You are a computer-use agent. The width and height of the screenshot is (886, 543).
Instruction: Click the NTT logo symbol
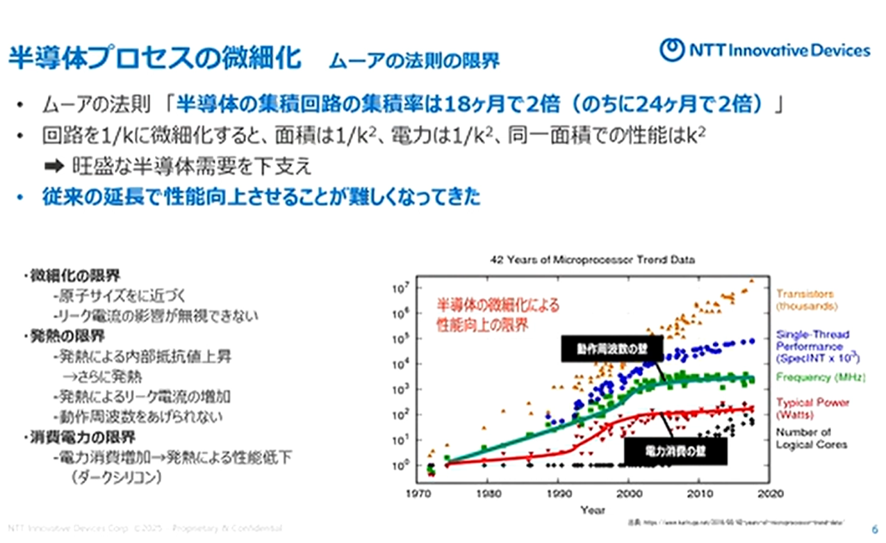[672, 51]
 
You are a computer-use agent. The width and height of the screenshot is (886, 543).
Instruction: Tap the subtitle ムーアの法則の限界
[414, 61]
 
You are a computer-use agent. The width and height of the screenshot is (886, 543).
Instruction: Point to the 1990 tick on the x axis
[558, 494]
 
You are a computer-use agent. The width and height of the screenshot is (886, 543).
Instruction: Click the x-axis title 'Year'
[592, 510]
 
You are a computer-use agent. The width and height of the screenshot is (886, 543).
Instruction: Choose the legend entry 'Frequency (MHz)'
[820, 378]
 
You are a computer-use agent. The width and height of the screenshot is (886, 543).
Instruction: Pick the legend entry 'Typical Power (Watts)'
[812, 408]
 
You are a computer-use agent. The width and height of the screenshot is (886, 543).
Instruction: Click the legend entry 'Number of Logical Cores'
[811, 438]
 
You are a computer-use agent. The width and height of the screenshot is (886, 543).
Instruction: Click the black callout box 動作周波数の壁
[612, 350]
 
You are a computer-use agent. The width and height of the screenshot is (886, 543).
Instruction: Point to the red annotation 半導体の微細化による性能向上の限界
[497, 314]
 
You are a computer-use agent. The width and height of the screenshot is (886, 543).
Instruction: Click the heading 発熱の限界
[66, 337]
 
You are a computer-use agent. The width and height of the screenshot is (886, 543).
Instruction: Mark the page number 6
[873, 527]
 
